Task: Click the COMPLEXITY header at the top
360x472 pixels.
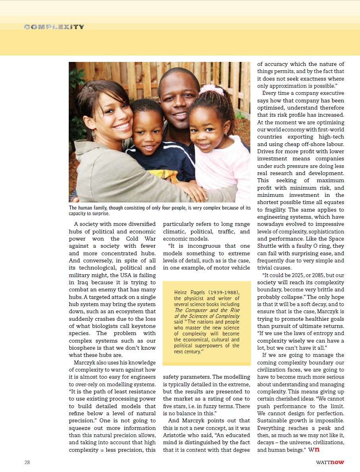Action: tap(54, 27)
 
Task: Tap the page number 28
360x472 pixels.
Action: tap(27, 462)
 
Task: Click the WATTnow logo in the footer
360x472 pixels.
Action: tap(330, 462)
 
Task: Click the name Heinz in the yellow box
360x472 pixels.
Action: tap(181, 293)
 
